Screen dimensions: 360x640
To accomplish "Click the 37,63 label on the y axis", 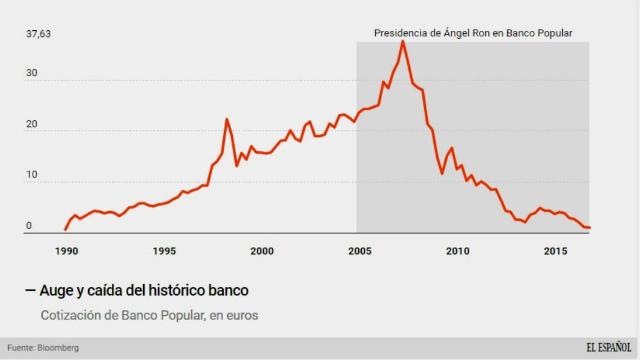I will pos(38,34).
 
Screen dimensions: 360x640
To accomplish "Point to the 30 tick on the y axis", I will pos(32,73).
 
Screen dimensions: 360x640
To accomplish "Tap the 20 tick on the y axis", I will pos(32,124).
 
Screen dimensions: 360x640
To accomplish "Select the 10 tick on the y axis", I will pos(32,174).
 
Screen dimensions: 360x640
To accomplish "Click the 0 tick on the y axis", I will pos(29,226).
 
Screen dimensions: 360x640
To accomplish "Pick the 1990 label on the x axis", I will pos(67,251).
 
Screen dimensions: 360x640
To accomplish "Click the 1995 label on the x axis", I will pos(164,251).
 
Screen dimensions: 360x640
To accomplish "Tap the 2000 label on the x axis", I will pos(262,251).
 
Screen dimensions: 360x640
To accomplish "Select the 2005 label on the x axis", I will pos(360,251).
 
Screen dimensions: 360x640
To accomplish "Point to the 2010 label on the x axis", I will pos(458,251).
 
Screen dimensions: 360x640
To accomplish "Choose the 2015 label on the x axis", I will pos(556,251).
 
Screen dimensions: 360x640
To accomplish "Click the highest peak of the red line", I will pos(403,41).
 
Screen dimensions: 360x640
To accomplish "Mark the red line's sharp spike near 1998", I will pos(227,120).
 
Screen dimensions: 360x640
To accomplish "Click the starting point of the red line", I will pos(66,229).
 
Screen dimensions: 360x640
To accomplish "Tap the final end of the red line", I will pos(590,228).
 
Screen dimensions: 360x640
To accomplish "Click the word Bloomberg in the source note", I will pos(58,348).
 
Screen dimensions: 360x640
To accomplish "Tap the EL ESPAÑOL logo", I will pos(608,348).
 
